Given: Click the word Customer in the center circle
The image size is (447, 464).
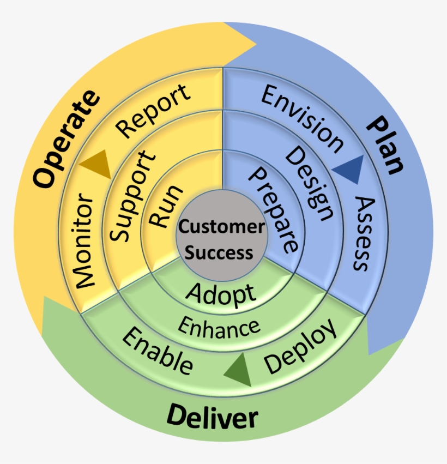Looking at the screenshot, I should [x=222, y=226].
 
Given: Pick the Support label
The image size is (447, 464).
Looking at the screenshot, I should [x=130, y=197].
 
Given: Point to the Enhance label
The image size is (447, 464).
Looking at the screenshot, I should [x=219, y=327].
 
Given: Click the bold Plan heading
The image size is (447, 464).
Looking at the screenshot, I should [x=385, y=144].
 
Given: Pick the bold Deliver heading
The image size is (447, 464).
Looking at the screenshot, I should [x=212, y=419].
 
